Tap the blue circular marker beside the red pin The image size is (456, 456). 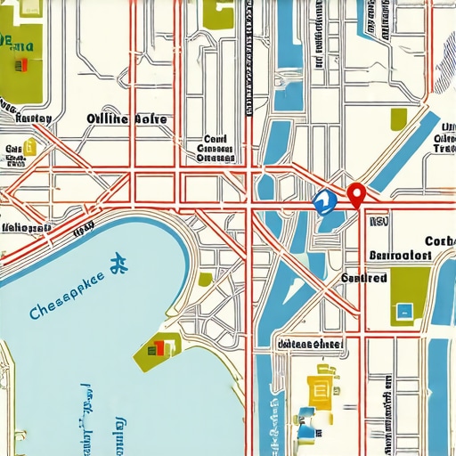(x=324, y=202)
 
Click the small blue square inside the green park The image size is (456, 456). (x=405, y=311)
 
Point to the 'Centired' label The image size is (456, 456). (x=364, y=278)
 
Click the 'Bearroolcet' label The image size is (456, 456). (x=400, y=255)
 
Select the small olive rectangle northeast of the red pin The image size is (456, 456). (x=398, y=118)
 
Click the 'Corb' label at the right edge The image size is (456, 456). (x=440, y=240)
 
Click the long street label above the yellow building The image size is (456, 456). (x=310, y=344)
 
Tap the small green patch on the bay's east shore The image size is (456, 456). (x=205, y=279)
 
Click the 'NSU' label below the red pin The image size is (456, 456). (x=378, y=224)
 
